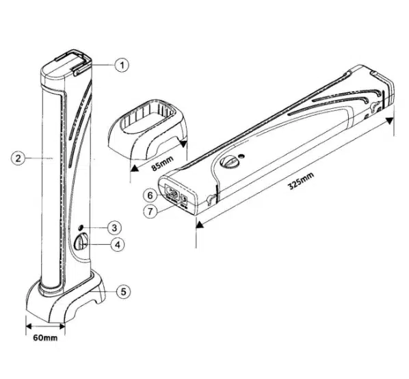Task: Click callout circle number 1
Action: click(x=122, y=65)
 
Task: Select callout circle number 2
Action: click(x=18, y=158)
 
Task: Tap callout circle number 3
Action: click(x=114, y=228)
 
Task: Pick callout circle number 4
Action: click(x=118, y=245)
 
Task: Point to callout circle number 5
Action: click(x=124, y=291)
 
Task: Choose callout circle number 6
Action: click(x=150, y=195)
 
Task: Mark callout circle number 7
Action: click(x=150, y=211)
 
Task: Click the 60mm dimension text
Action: click(x=45, y=338)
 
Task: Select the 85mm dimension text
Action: click(x=162, y=164)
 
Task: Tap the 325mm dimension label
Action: click(x=300, y=181)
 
